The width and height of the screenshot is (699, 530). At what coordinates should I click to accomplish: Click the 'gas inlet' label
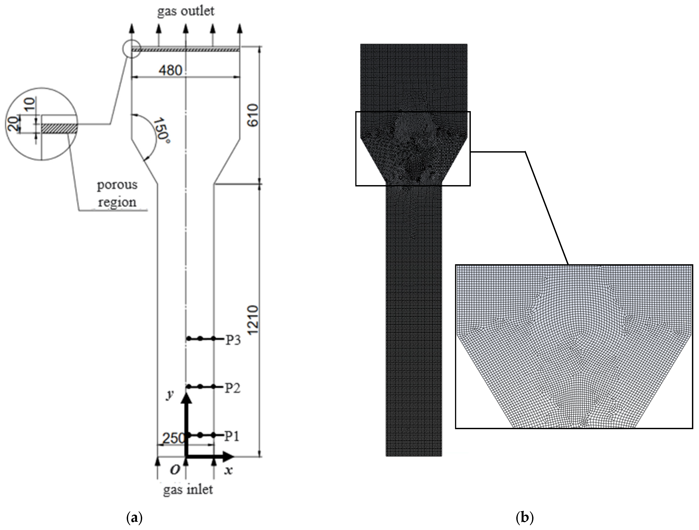pos(188,489)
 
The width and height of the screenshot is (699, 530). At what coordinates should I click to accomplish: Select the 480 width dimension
pos(170,70)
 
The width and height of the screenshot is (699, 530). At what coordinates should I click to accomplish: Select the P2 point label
pos(233,388)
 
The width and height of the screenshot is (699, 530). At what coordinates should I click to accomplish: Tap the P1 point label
pos(232,437)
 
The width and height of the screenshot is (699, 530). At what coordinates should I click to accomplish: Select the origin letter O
pos(175,470)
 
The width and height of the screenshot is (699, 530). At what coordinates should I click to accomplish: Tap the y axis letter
pos(171,395)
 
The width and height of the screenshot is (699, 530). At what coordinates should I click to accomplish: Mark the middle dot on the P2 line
pos(200,387)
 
